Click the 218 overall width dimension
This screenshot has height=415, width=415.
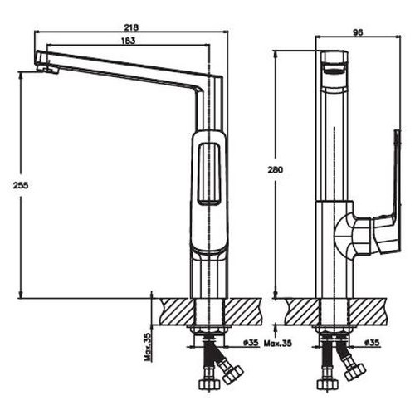[130, 27]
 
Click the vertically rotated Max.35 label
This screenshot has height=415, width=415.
[147, 346]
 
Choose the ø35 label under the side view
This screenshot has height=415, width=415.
[372, 342]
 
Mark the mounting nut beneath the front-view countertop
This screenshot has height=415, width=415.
[209, 334]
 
